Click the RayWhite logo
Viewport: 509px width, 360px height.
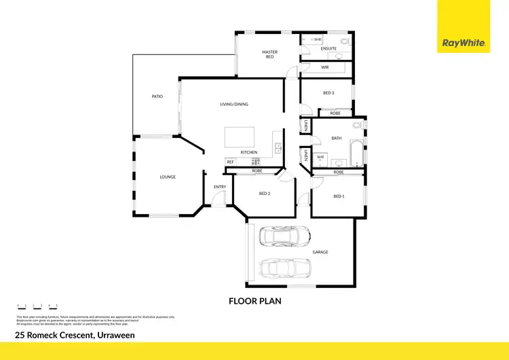(464, 43)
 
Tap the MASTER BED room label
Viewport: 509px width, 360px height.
(270, 54)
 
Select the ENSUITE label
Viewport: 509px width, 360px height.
(328, 49)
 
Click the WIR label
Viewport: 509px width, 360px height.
(325, 67)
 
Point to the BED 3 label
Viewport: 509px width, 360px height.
(328, 92)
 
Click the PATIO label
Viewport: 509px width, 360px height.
(157, 96)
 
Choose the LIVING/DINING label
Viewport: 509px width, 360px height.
(233, 104)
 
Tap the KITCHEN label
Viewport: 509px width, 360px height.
(248, 152)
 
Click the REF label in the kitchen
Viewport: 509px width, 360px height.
(230, 162)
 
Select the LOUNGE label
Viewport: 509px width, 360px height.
(168, 177)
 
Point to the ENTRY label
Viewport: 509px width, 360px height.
(220, 187)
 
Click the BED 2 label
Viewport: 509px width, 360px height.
(265, 194)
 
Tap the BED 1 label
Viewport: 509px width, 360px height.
(339, 196)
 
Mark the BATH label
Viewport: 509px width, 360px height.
(336, 138)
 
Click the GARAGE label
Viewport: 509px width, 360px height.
(320, 252)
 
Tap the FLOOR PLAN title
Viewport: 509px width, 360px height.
(254, 300)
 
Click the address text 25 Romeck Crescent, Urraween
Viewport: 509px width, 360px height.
(75, 335)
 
